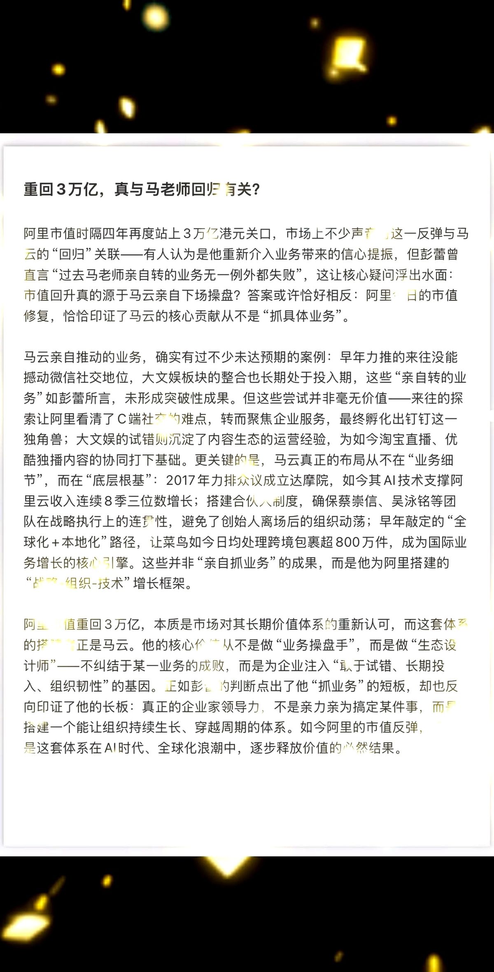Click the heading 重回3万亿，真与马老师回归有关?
click(142, 190)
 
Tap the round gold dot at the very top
click(156, 17)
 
